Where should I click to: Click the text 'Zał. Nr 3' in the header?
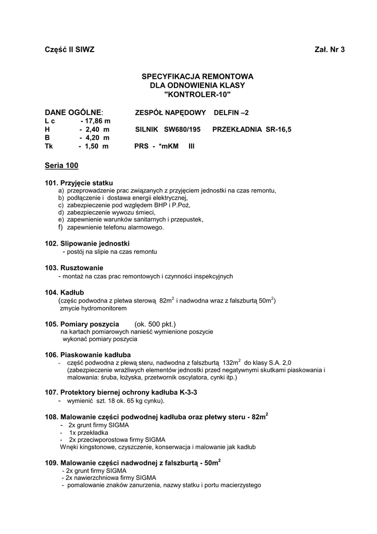point(330,50)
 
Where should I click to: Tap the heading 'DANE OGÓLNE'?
point(73,112)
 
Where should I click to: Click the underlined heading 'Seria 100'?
point(61,166)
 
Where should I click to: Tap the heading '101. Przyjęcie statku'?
point(79,183)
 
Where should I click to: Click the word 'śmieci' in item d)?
point(146,212)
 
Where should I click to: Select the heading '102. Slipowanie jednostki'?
point(87,244)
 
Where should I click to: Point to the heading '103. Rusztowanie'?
point(74,268)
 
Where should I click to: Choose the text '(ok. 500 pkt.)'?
point(155,324)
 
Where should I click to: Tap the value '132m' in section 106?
point(230,362)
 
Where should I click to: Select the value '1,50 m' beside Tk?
point(96,147)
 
